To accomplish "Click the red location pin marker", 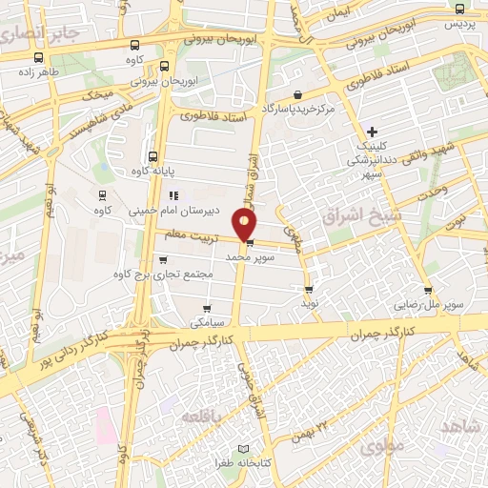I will (x=247, y=226).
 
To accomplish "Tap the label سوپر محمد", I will (x=251, y=257).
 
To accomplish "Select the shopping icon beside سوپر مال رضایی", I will (x=428, y=291).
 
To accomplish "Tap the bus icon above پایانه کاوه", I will (x=152, y=157).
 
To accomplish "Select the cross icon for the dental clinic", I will (x=373, y=131).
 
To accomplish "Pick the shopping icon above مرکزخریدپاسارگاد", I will (x=298, y=94).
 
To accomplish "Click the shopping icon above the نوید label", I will (x=308, y=290).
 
